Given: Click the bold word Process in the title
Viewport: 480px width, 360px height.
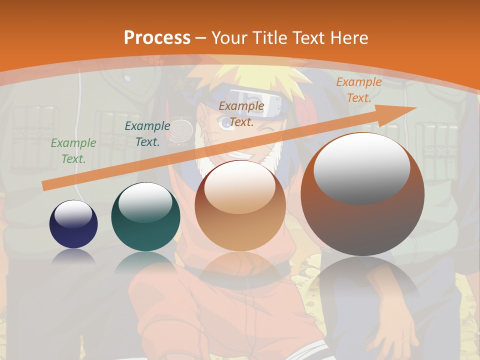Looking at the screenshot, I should (157, 37).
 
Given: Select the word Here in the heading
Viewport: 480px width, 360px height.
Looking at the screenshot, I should (349, 37).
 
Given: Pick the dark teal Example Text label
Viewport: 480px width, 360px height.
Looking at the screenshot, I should (147, 134).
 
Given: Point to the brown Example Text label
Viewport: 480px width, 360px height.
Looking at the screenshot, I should (241, 113).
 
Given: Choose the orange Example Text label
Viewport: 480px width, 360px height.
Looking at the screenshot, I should (358, 90).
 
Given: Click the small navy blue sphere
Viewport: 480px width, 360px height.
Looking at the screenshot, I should (73, 224).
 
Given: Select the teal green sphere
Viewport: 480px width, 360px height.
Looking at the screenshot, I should (145, 216).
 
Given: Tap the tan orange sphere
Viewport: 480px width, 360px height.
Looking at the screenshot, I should (240, 205).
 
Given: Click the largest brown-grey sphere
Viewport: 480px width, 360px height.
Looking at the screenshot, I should (362, 194).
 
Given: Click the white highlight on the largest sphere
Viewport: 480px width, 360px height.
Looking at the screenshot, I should (361, 167).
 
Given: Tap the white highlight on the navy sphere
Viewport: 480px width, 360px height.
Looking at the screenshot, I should (73, 214).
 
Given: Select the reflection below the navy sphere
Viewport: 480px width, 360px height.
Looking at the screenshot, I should (73, 256).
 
